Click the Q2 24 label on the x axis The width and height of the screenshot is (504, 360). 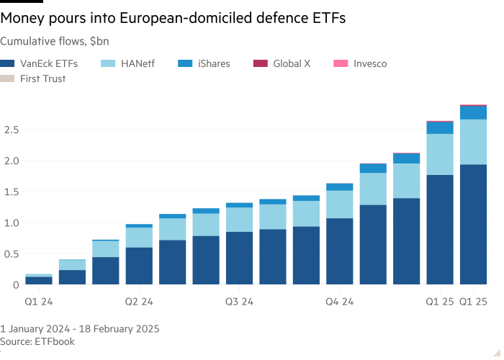pyautogui.click(x=139, y=302)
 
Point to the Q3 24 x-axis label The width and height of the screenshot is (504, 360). pyautogui.click(x=239, y=302)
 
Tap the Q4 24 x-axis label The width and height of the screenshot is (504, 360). pyautogui.click(x=340, y=302)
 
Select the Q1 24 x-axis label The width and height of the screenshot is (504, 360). pyautogui.click(x=39, y=302)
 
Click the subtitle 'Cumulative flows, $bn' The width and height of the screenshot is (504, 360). pyautogui.click(x=55, y=42)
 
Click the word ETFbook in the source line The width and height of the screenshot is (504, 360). pyautogui.click(x=55, y=341)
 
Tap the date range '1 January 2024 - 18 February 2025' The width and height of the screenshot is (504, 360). pyautogui.click(x=80, y=329)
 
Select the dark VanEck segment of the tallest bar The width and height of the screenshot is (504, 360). pyautogui.click(x=473, y=224)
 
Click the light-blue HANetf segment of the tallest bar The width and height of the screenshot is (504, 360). pyautogui.click(x=473, y=142)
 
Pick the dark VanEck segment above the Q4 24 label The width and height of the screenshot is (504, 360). pyautogui.click(x=340, y=251)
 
